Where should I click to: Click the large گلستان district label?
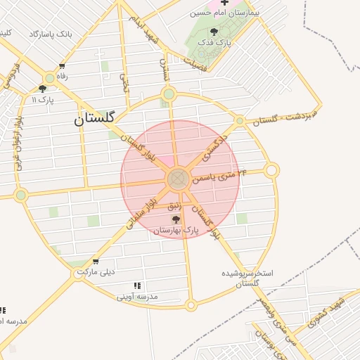click(103, 119)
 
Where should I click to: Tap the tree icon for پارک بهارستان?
click(176, 220)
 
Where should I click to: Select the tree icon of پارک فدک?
click(214, 31)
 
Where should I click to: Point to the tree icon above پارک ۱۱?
click(42, 89)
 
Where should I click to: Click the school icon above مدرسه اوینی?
click(137, 285)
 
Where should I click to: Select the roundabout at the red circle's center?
click(178, 179)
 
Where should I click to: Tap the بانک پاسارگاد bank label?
click(51, 34)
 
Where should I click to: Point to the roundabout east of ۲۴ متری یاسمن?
click(272, 170)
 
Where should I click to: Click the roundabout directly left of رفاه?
click(50, 78)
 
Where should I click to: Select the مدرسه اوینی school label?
click(139, 297)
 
